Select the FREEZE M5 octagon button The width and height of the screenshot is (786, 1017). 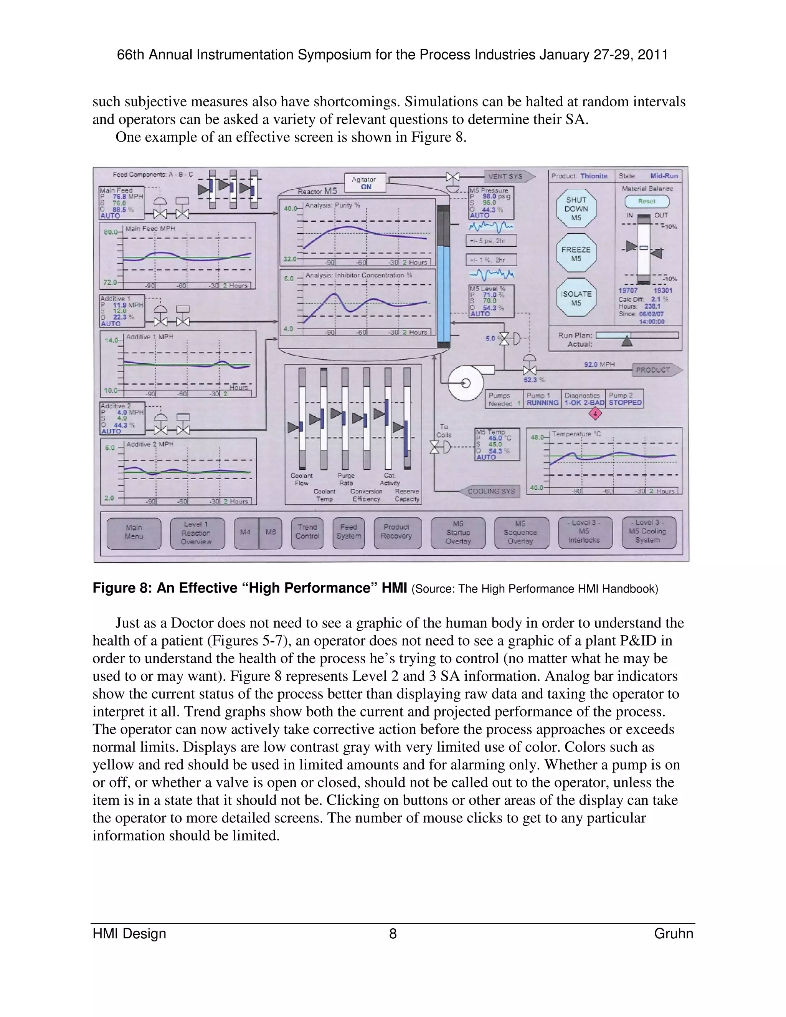tap(576, 254)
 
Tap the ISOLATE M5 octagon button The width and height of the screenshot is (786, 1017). tap(576, 299)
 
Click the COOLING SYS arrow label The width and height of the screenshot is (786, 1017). tap(491, 491)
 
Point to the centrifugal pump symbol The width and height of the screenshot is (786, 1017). tap(466, 382)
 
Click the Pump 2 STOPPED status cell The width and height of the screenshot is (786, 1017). tap(625, 399)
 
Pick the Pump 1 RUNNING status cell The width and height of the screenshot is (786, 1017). tap(542, 399)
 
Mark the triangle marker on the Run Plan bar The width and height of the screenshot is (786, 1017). tap(627, 341)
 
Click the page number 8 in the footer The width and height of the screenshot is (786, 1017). tap(393, 934)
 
